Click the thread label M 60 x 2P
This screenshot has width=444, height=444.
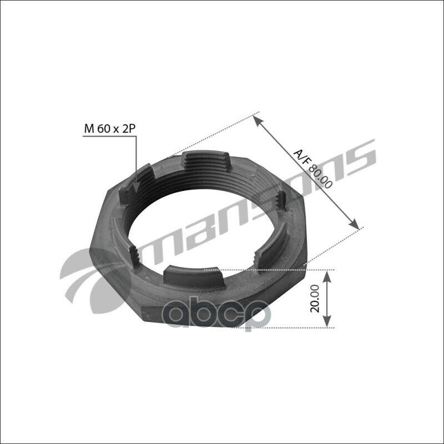(x=110, y=129)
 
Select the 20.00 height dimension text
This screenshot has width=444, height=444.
(x=315, y=299)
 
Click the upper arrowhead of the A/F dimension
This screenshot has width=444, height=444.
(x=257, y=117)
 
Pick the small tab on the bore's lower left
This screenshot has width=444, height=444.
(x=134, y=256)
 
